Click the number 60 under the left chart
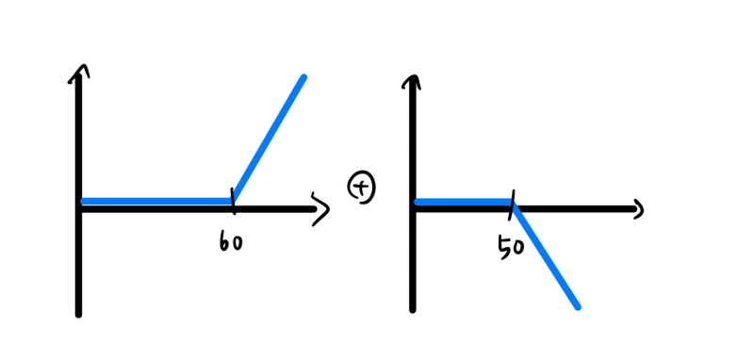point(231,243)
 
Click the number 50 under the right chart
point(511,248)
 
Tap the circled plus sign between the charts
point(362,188)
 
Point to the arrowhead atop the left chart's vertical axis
point(79,72)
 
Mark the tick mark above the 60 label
point(233,200)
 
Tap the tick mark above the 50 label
point(514,201)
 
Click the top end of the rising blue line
point(303,77)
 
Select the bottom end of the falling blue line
point(577,306)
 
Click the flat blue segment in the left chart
point(156,201)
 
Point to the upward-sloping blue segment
point(269,139)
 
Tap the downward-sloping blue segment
point(546,254)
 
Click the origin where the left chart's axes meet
point(80,207)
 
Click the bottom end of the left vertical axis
point(78,314)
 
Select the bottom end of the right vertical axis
point(413,308)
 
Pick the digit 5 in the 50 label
point(503,249)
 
